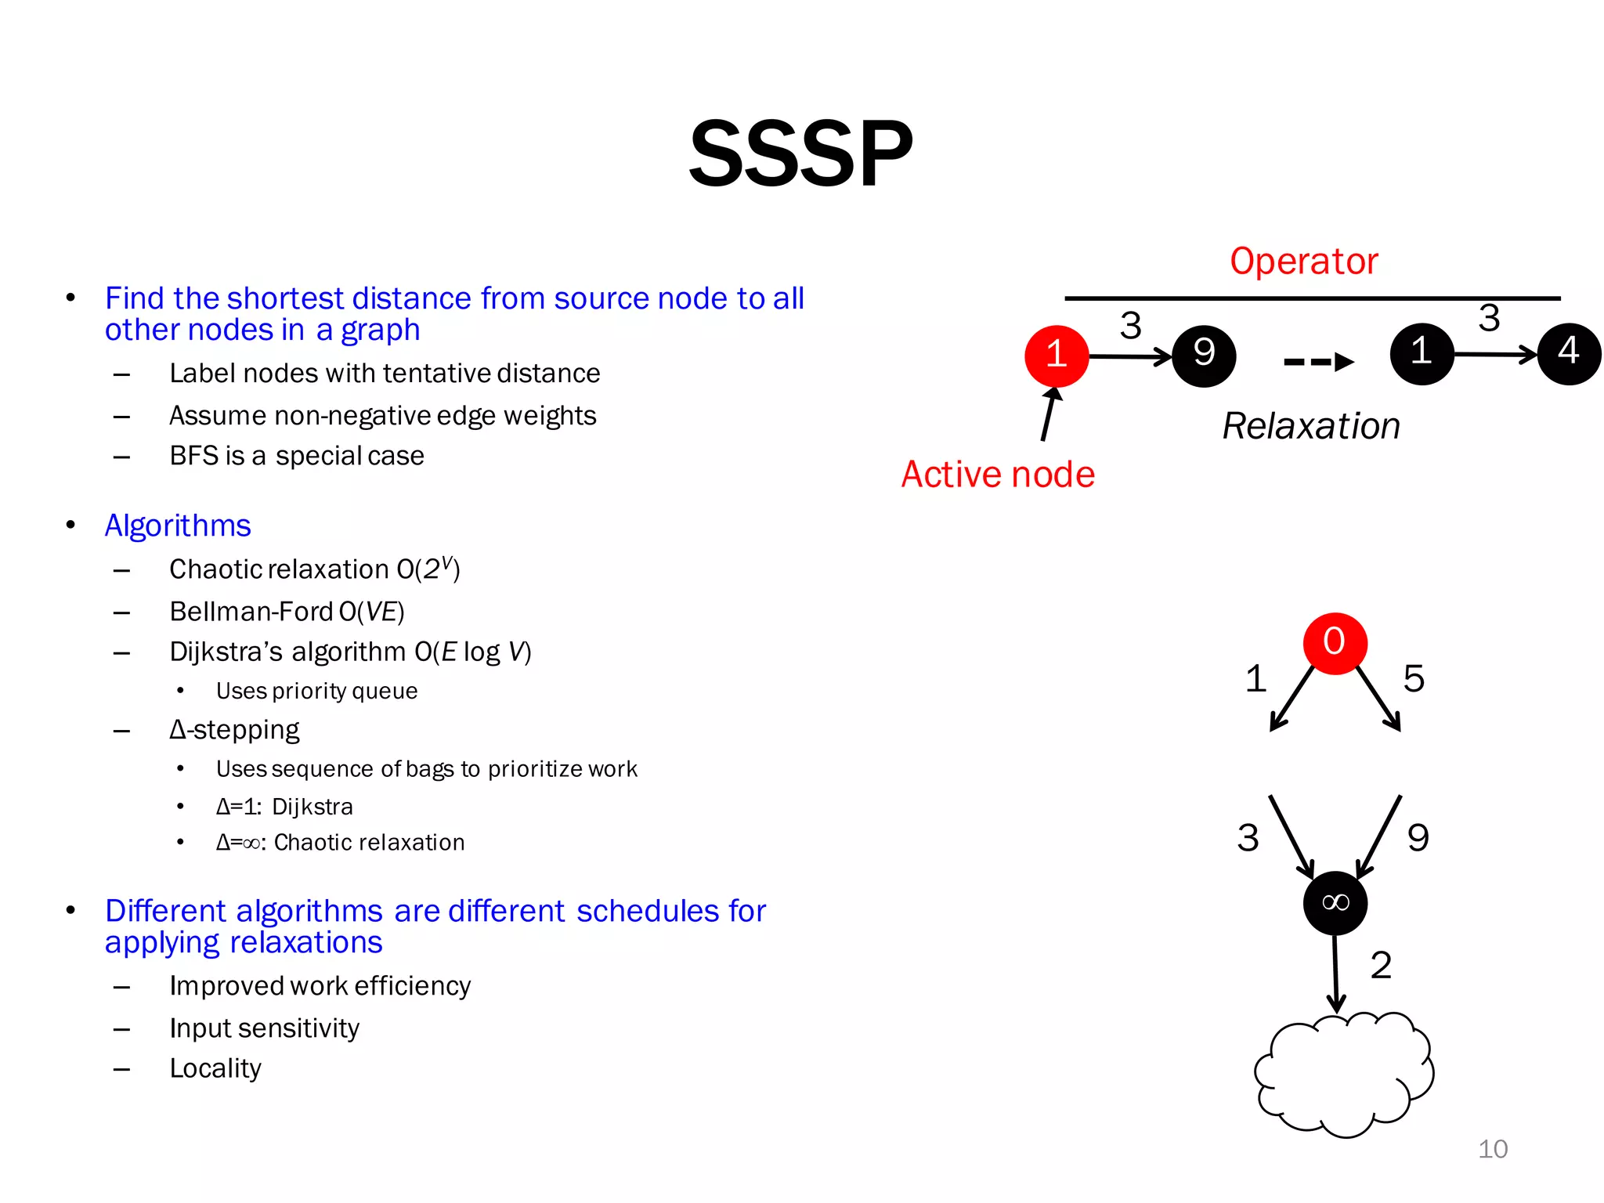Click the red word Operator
tap(1303, 262)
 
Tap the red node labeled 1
tap(1057, 356)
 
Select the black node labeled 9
tap(1204, 356)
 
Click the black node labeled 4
tap(1569, 353)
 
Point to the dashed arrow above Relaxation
tap(1319, 362)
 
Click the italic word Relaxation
tap(1311, 427)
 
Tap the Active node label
tap(998, 475)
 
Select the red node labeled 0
tap(1335, 643)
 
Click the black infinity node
tap(1335, 903)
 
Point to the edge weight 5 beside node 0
tap(1413, 678)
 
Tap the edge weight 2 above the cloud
tap(1381, 965)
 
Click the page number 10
tap(1492, 1149)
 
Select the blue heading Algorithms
tap(178, 526)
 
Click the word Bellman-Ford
tap(251, 612)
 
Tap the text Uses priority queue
tap(316, 691)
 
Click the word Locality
tap(215, 1068)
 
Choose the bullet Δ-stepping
tap(234, 730)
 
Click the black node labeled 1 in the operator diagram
tap(1422, 353)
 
